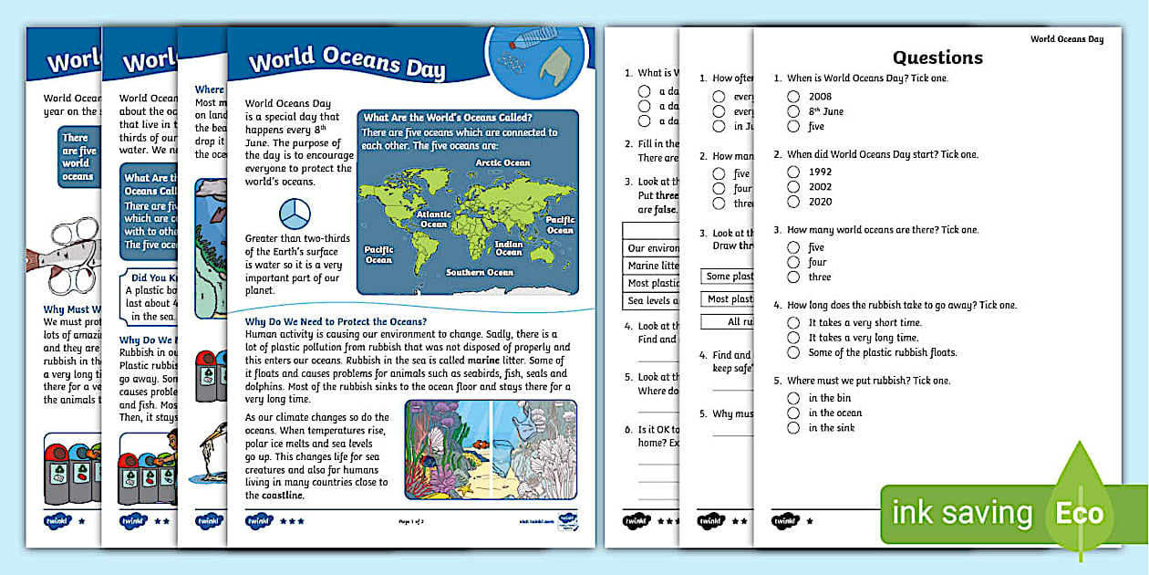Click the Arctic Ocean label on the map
502,162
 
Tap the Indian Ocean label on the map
509,247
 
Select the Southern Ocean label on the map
480,272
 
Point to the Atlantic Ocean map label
433,219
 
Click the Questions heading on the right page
937,57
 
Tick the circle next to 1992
793,172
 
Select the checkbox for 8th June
793,111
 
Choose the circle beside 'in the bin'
793,398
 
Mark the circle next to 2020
793,202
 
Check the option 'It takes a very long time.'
793,338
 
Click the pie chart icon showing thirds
294,214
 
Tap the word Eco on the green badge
1079,513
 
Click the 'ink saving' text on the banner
962,513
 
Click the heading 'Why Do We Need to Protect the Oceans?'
336,321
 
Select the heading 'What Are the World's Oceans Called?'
448,117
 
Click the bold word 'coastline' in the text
274,496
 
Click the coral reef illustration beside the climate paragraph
491,449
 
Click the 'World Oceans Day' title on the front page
347,64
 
